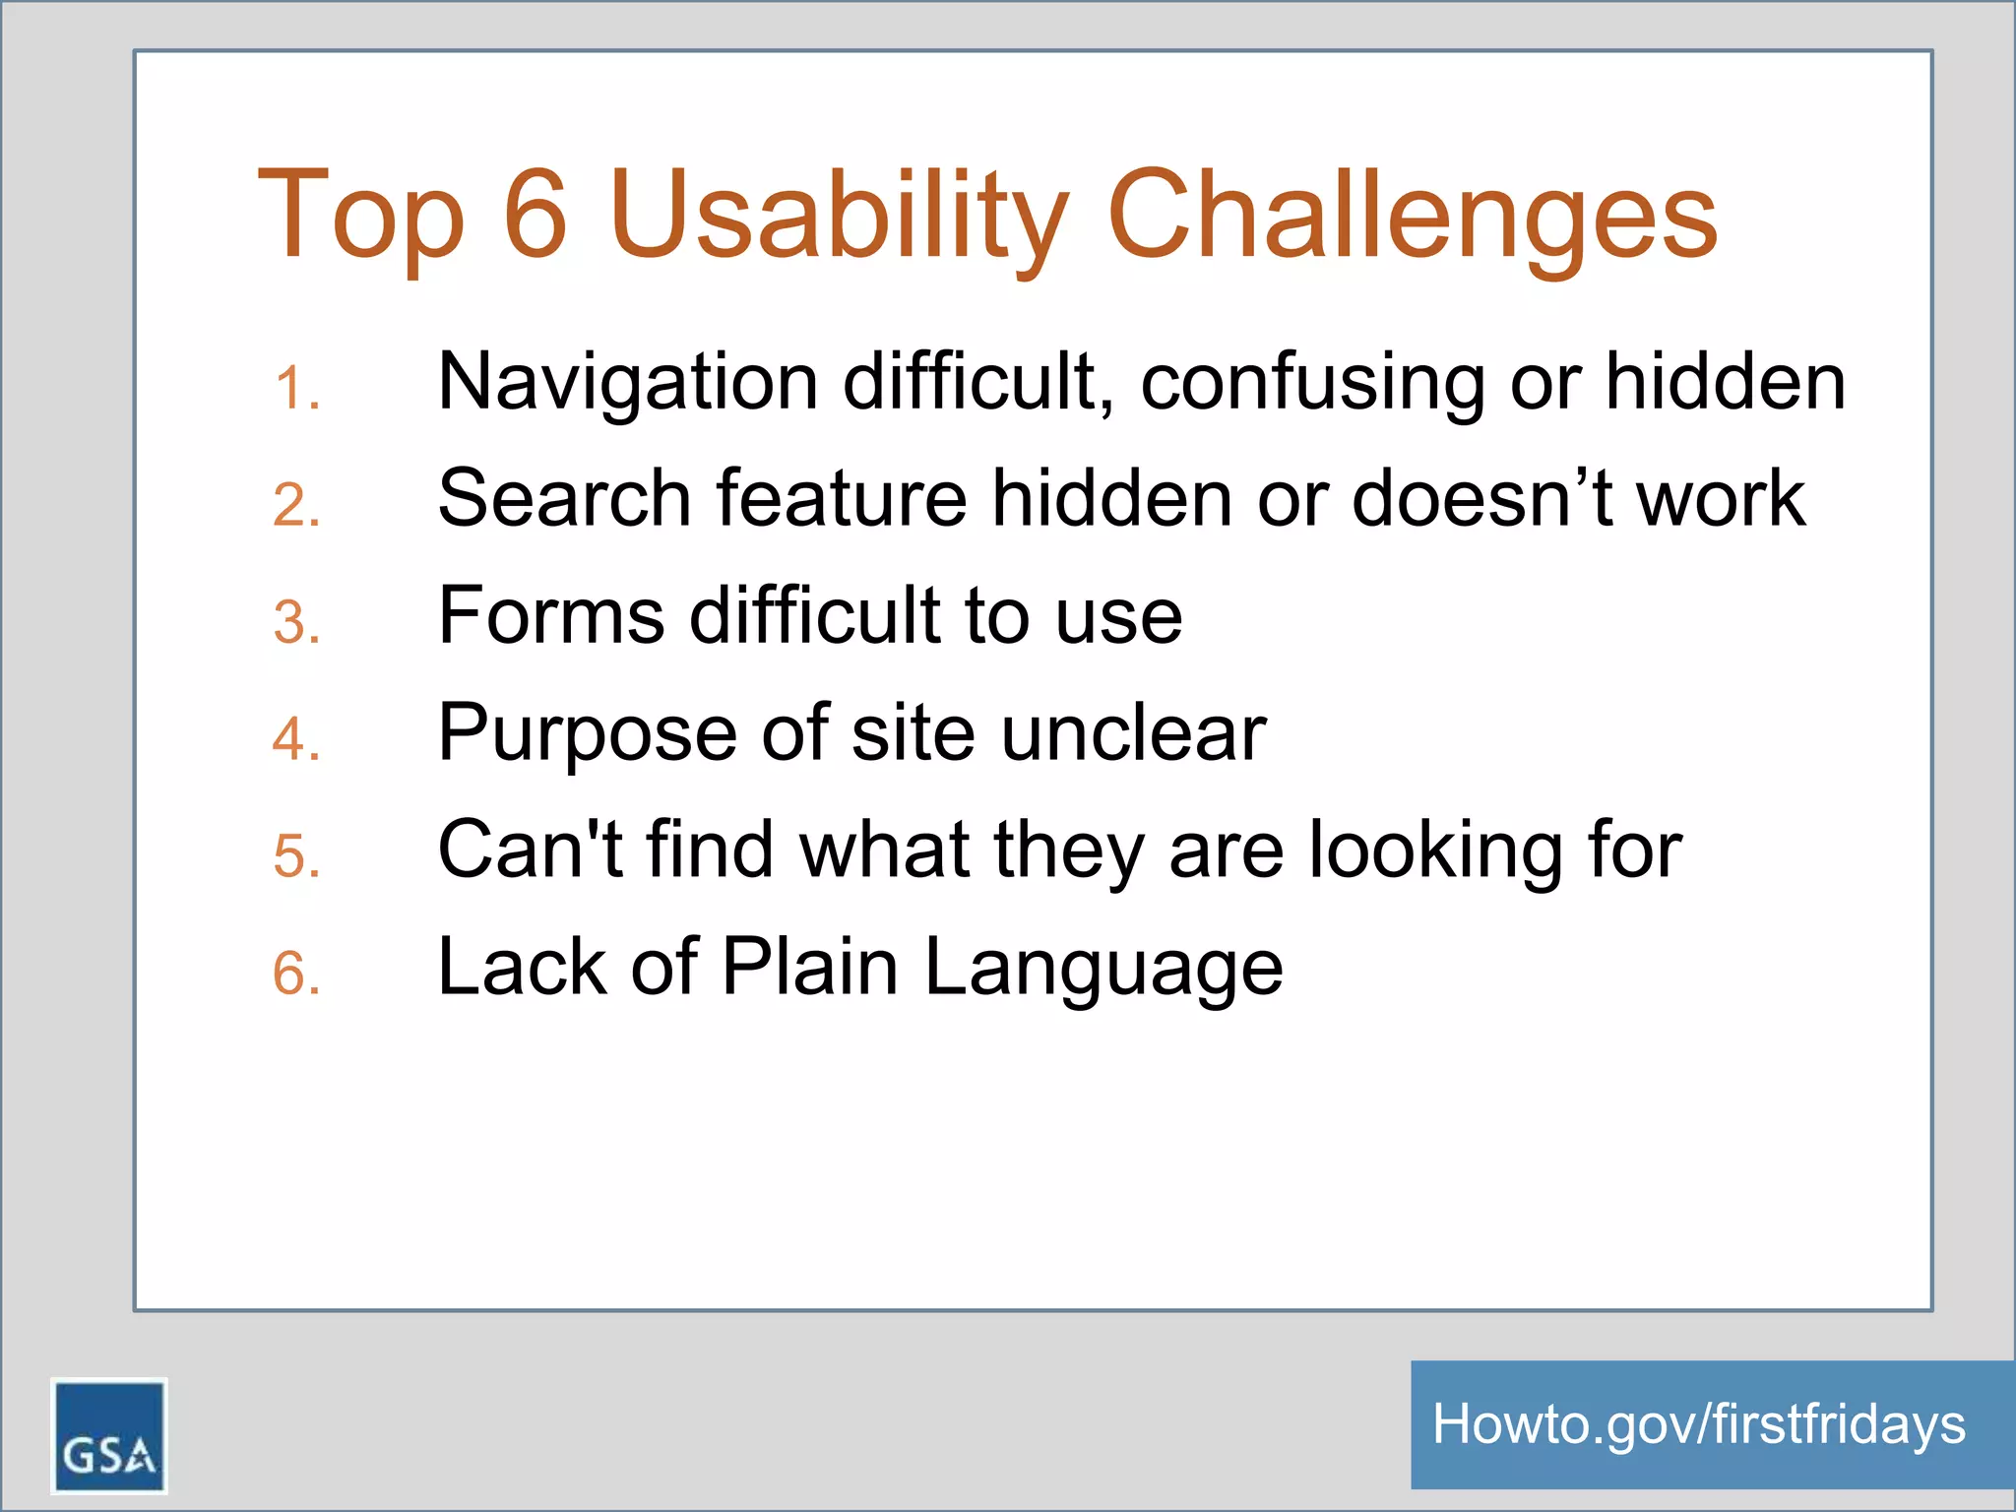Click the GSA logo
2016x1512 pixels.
108,1435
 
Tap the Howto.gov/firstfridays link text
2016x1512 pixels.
1698,1424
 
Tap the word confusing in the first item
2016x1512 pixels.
1312,382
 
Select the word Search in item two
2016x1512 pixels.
564,498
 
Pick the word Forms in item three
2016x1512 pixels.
550,615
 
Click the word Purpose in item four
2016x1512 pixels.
587,734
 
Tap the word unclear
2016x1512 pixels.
1133,732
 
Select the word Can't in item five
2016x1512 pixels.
529,849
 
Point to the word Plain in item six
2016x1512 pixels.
809,967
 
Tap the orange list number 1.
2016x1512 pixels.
296,388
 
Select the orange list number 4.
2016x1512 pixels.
296,739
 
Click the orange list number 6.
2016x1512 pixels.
296,974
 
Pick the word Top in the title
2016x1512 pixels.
360,217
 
